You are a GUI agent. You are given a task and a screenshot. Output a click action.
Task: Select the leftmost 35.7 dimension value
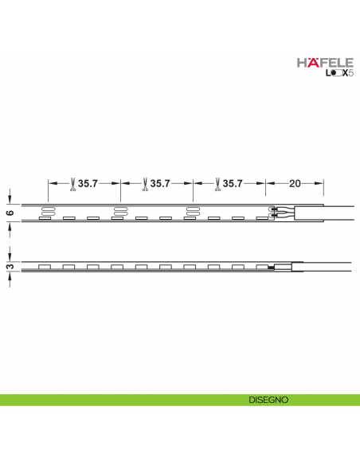tap(88, 184)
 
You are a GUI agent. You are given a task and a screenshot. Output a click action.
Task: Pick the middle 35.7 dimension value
tap(160, 184)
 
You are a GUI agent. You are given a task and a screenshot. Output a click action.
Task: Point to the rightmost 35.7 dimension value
tap(232, 184)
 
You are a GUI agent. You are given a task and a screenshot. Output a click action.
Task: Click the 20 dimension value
tap(295, 184)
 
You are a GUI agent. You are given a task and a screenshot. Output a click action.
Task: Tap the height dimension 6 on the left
tap(10, 213)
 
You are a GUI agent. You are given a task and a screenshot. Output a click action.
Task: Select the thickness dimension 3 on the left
tap(10, 267)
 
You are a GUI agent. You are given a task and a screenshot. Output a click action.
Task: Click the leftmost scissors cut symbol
tap(72, 184)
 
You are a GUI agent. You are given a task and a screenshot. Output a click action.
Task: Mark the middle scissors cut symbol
tap(144, 184)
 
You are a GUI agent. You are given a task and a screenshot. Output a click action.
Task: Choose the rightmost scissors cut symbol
tap(216, 184)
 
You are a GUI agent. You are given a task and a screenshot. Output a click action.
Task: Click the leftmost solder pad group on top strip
tap(48, 211)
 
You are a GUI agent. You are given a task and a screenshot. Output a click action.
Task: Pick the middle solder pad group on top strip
tap(120, 211)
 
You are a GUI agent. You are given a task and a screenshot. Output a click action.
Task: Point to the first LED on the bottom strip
tap(45, 266)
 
